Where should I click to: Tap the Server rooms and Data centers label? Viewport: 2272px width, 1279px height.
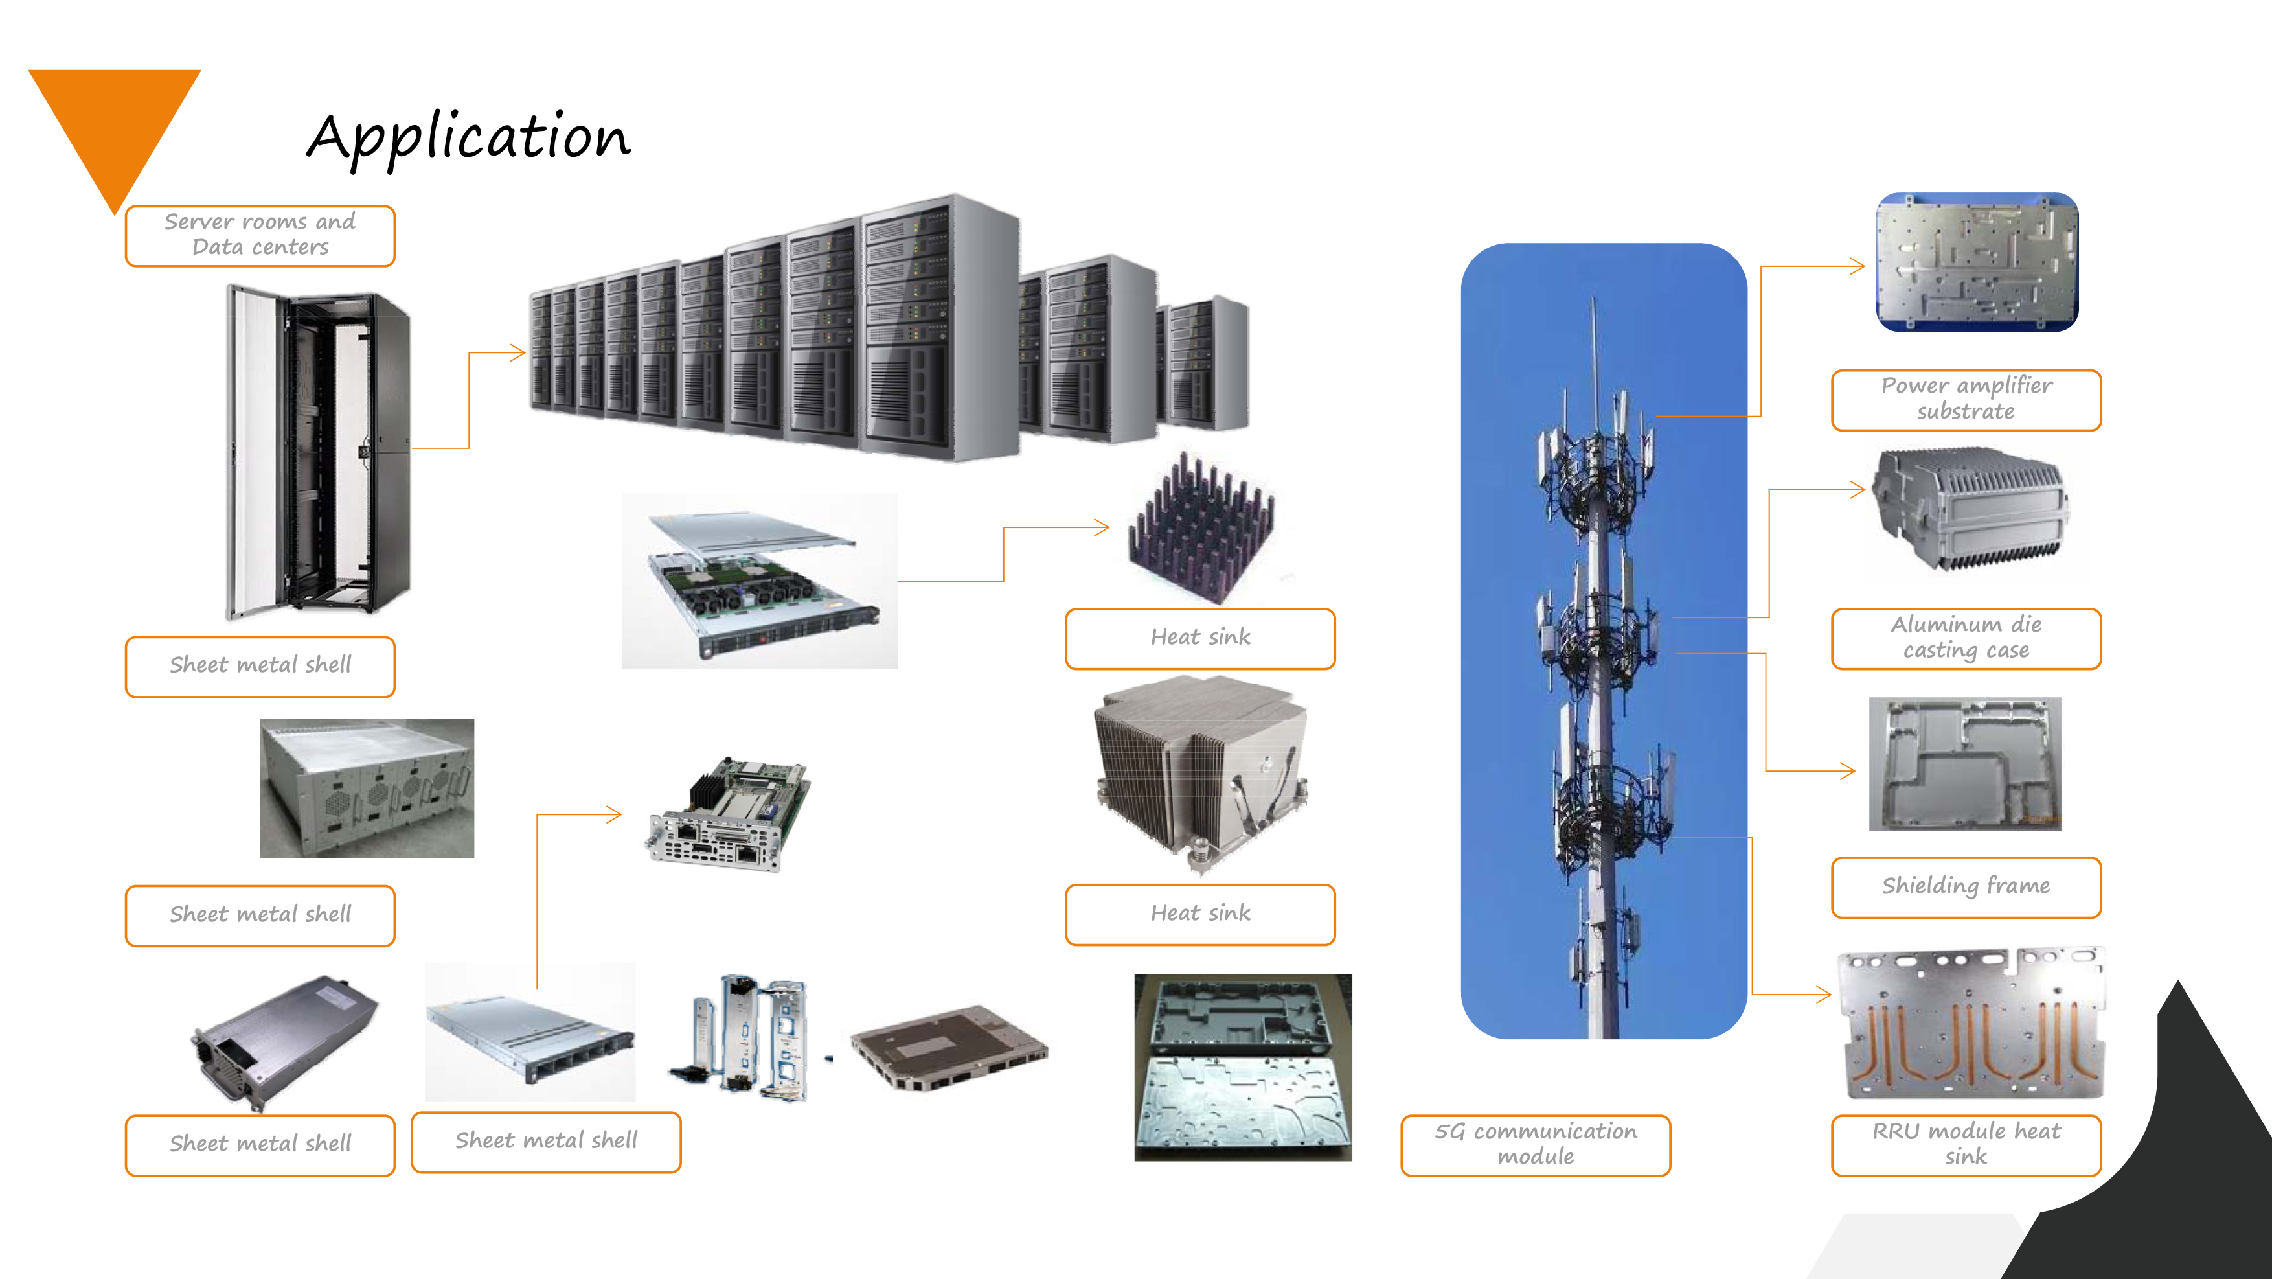coord(260,235)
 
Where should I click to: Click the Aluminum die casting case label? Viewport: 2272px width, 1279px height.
coord(1966,638)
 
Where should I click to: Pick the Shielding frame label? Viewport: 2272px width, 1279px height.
coord(1966,886)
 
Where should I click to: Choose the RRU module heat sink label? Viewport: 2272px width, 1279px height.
coord(1966,1144)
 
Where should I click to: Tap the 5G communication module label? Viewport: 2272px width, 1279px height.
coord(1536,1144)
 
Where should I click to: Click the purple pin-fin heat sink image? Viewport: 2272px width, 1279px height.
coord(1201,529)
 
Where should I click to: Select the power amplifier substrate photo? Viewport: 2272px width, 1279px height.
coord(1977,262)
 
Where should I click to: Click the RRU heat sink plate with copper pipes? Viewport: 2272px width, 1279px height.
coord(1970,1023)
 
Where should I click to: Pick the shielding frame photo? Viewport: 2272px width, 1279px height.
coord(1965,764)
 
